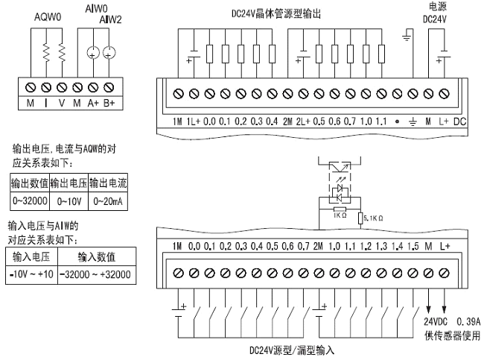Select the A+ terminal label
click(95, 102)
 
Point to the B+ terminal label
click(111, 102)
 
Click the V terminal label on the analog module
click(63, 102)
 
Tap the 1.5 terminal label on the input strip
click(413, 246)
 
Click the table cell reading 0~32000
click(28, 200)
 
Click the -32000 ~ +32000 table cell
click(95, 276)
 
